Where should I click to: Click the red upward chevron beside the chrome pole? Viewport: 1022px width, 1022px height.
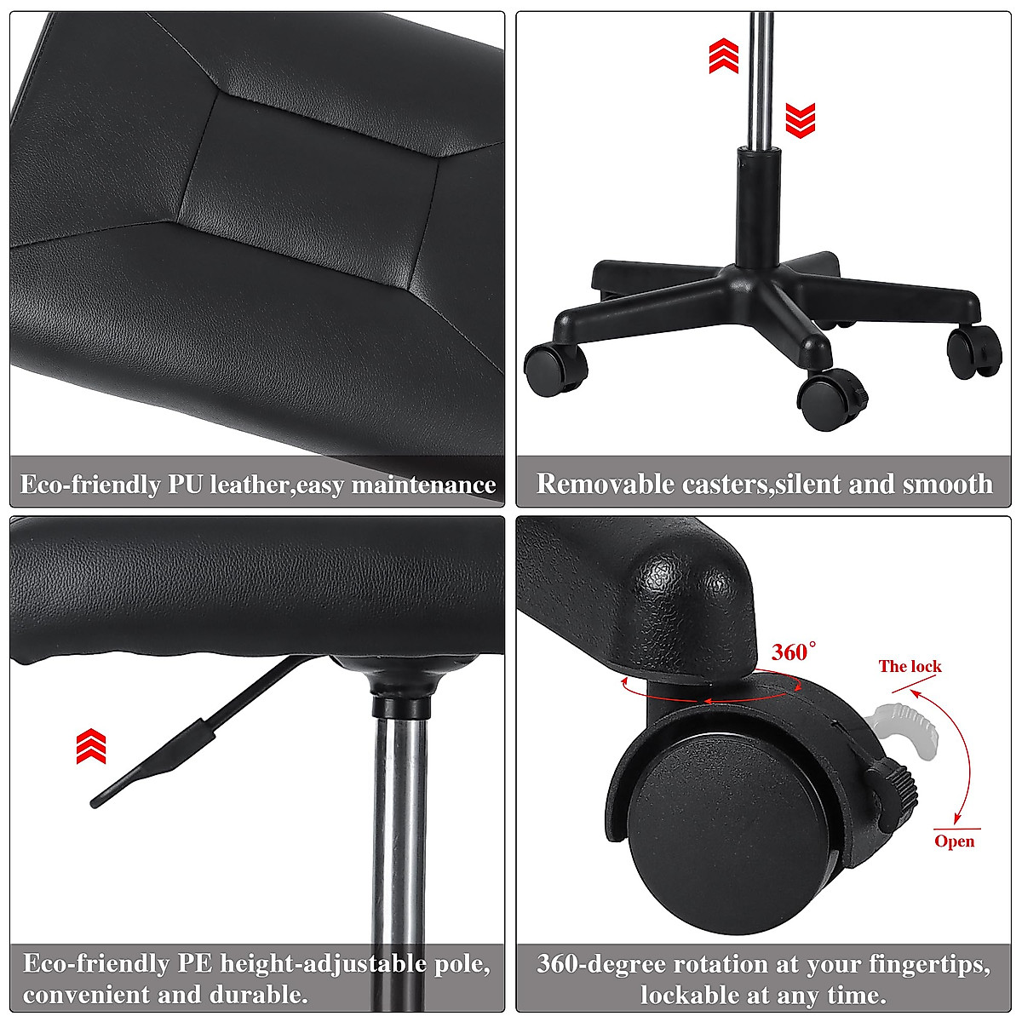tap(724, 55)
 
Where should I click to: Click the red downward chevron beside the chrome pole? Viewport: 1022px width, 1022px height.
tap(800, 120)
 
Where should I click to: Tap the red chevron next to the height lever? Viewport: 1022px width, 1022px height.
tap(91, 746)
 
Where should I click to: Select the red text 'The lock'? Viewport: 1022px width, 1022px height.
tap(910, 666)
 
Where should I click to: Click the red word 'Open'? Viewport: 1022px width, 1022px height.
tap(954, 841)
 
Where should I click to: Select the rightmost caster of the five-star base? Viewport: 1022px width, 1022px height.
tap(974, 351)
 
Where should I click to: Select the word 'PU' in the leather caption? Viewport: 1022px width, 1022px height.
tap(185, 485)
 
